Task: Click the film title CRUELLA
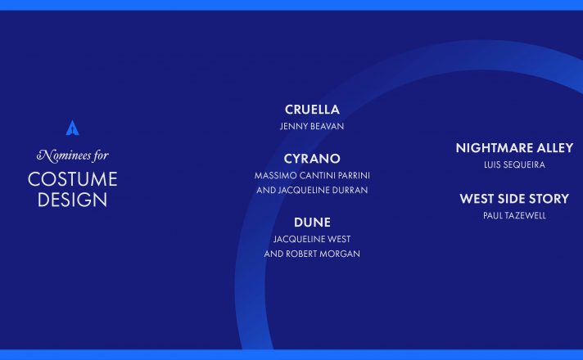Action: pos(312,110)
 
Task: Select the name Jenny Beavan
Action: pos(312,126)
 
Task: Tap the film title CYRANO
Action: pos(312,159)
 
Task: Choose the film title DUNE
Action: pos(312,223)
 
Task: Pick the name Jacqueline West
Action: pos(312,239)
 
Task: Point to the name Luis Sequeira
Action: pos(514,165)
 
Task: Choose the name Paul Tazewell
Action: pos(514,215)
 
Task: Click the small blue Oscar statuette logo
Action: pos(72,128)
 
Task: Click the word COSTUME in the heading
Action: pos(73,179)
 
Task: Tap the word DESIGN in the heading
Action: pos(73,200)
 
